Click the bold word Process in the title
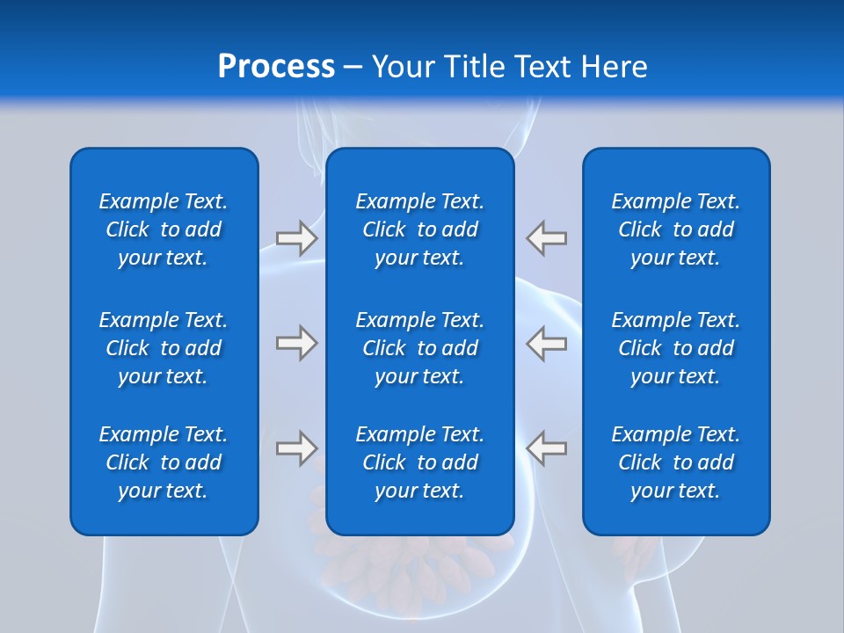(x=276, y=67)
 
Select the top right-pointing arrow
(x=296, y=238)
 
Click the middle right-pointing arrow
(x=296, y=343)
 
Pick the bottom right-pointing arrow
(x=296, y=448)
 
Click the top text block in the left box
(x=164, y=229)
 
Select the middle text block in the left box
(x=164, y=348)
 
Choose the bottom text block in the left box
(x=164, y=462)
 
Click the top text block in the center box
(x=420, y=229)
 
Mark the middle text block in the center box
(x=420, y=348)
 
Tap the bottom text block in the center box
(x=420, y=462)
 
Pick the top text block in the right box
(x=676, y=229)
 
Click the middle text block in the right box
(x=676, y=348)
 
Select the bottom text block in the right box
(x=676, y=462)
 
